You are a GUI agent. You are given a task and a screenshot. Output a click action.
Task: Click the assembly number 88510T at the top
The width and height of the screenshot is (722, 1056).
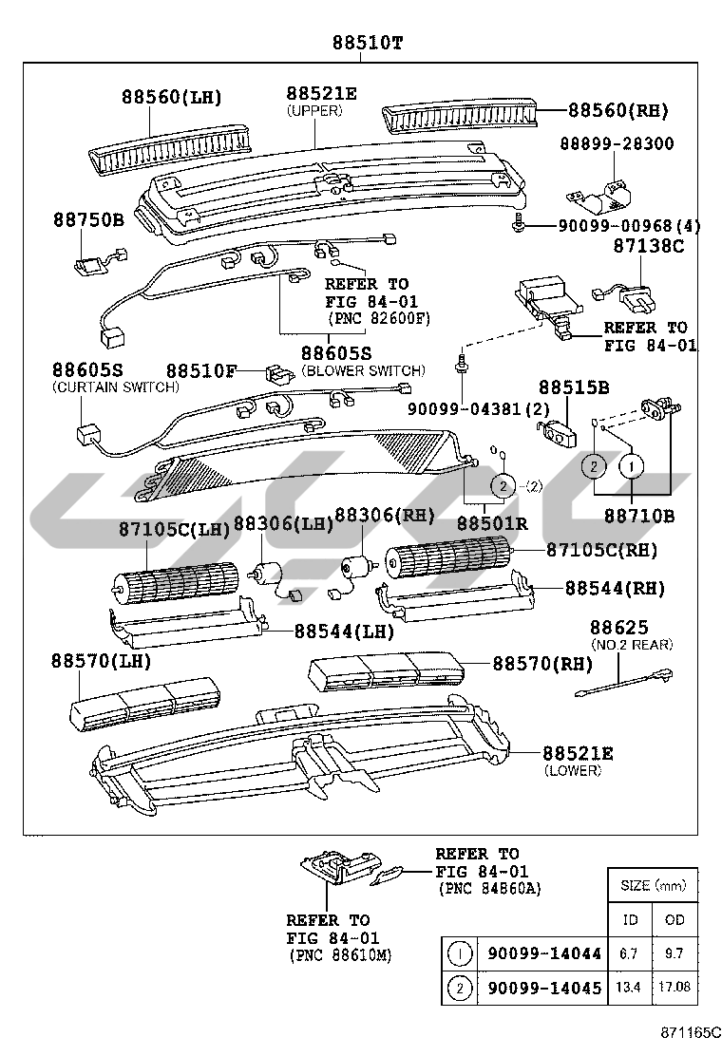click(367, 43)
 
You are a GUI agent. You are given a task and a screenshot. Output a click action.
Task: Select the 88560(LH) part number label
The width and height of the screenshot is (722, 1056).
click(171, 97)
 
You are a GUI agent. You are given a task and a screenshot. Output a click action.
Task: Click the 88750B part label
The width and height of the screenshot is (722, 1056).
click(88, 219)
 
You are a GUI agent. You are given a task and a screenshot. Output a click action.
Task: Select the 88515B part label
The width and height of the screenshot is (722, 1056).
click(574, 387)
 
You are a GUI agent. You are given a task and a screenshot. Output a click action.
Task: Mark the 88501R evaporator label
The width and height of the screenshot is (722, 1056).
click(491, 522)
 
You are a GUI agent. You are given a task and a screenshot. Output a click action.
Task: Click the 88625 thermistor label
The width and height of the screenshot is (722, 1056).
click(618, 628)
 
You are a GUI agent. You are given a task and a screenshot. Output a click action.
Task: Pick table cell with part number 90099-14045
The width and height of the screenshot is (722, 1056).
click(542, 988)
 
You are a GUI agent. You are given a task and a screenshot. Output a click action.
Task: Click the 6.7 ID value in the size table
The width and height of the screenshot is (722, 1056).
click(630, 953)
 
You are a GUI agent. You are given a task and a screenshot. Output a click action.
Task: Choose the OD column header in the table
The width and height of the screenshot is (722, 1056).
click(674, 919)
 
